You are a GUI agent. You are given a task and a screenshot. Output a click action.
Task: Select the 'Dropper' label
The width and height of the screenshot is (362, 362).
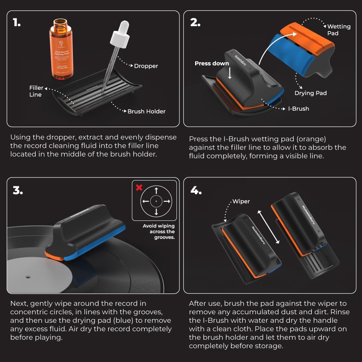click(146, 66)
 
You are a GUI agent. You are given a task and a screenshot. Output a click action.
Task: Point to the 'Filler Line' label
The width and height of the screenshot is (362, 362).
click(36, 91)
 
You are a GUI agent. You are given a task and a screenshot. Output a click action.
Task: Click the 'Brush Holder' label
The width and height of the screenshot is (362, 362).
click(146, 111)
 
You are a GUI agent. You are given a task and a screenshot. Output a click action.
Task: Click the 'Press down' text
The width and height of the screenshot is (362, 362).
click(212, 64)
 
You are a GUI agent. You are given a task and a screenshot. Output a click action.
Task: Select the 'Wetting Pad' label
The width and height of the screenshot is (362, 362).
click(338, 30)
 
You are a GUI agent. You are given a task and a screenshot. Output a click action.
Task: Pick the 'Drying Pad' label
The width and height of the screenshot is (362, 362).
click(310, 93)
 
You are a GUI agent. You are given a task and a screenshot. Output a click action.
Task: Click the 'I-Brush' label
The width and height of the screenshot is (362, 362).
click(298, 109)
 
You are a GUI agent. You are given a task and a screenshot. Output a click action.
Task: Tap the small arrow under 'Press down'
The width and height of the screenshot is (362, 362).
click(230, 74)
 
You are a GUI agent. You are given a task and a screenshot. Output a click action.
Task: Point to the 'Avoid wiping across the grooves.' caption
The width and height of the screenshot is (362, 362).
click(159, 232)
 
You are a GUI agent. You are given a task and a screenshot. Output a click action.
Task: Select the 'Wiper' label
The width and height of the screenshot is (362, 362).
click(241, 202)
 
